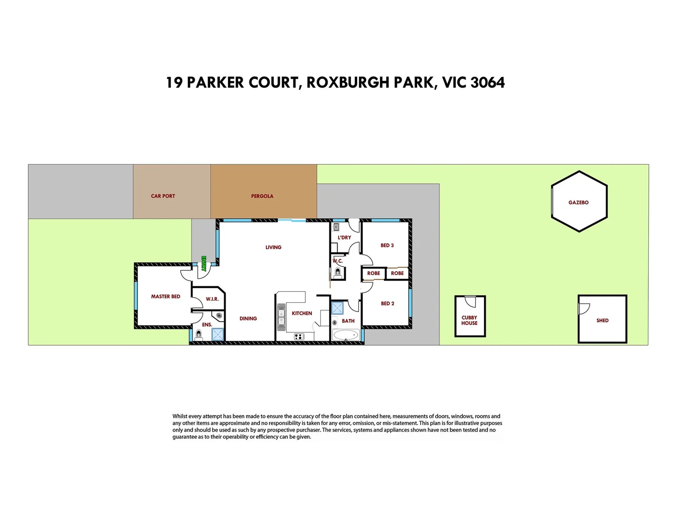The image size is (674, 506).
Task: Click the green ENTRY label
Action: (204, 263)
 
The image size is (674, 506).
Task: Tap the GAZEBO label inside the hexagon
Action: (579, 202)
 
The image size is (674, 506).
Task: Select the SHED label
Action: (602, 320)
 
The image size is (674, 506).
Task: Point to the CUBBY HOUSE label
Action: (469, 320)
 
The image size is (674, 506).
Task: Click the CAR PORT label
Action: (163, 196)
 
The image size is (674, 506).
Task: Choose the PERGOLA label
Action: (262, 196)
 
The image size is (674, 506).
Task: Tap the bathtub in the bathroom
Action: (345, 335)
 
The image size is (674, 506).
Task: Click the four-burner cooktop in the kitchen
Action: (299, 336)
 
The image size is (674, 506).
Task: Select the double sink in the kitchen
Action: (281, 317)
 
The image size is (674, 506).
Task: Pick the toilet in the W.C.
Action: (338, 272)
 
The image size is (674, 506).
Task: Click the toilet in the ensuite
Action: (198, 334)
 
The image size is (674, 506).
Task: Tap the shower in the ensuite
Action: (218, 334)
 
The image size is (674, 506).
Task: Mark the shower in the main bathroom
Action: (337, 308)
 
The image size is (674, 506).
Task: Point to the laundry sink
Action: (336, 227)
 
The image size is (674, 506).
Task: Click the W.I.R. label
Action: (212, 299)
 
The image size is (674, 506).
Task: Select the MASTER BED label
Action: (166, 297)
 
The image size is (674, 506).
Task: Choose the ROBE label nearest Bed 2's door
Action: (374, 273)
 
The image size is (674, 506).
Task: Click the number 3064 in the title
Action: (487, 82)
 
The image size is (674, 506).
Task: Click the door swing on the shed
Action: (584, 309)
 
